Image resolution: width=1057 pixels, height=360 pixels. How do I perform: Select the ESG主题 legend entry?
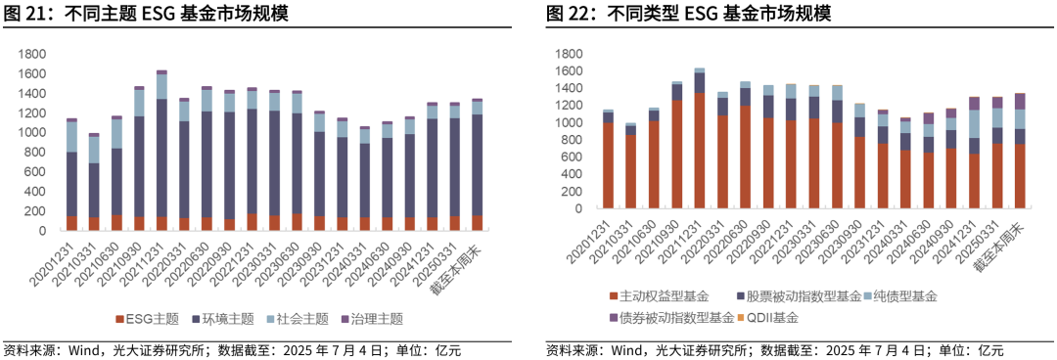click(147, 318)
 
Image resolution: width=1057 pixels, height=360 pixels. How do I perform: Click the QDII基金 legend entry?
click(772, 318)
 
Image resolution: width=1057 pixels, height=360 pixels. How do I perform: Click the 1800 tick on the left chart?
click(32, 55)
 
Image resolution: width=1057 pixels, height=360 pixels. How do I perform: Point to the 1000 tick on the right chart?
click(568, 123)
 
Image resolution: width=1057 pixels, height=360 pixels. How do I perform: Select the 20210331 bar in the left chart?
click(94, 182)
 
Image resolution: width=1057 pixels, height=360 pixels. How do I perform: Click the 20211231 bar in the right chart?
click(699, 141)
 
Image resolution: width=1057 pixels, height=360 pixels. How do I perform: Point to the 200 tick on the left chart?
click(36, 211)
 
